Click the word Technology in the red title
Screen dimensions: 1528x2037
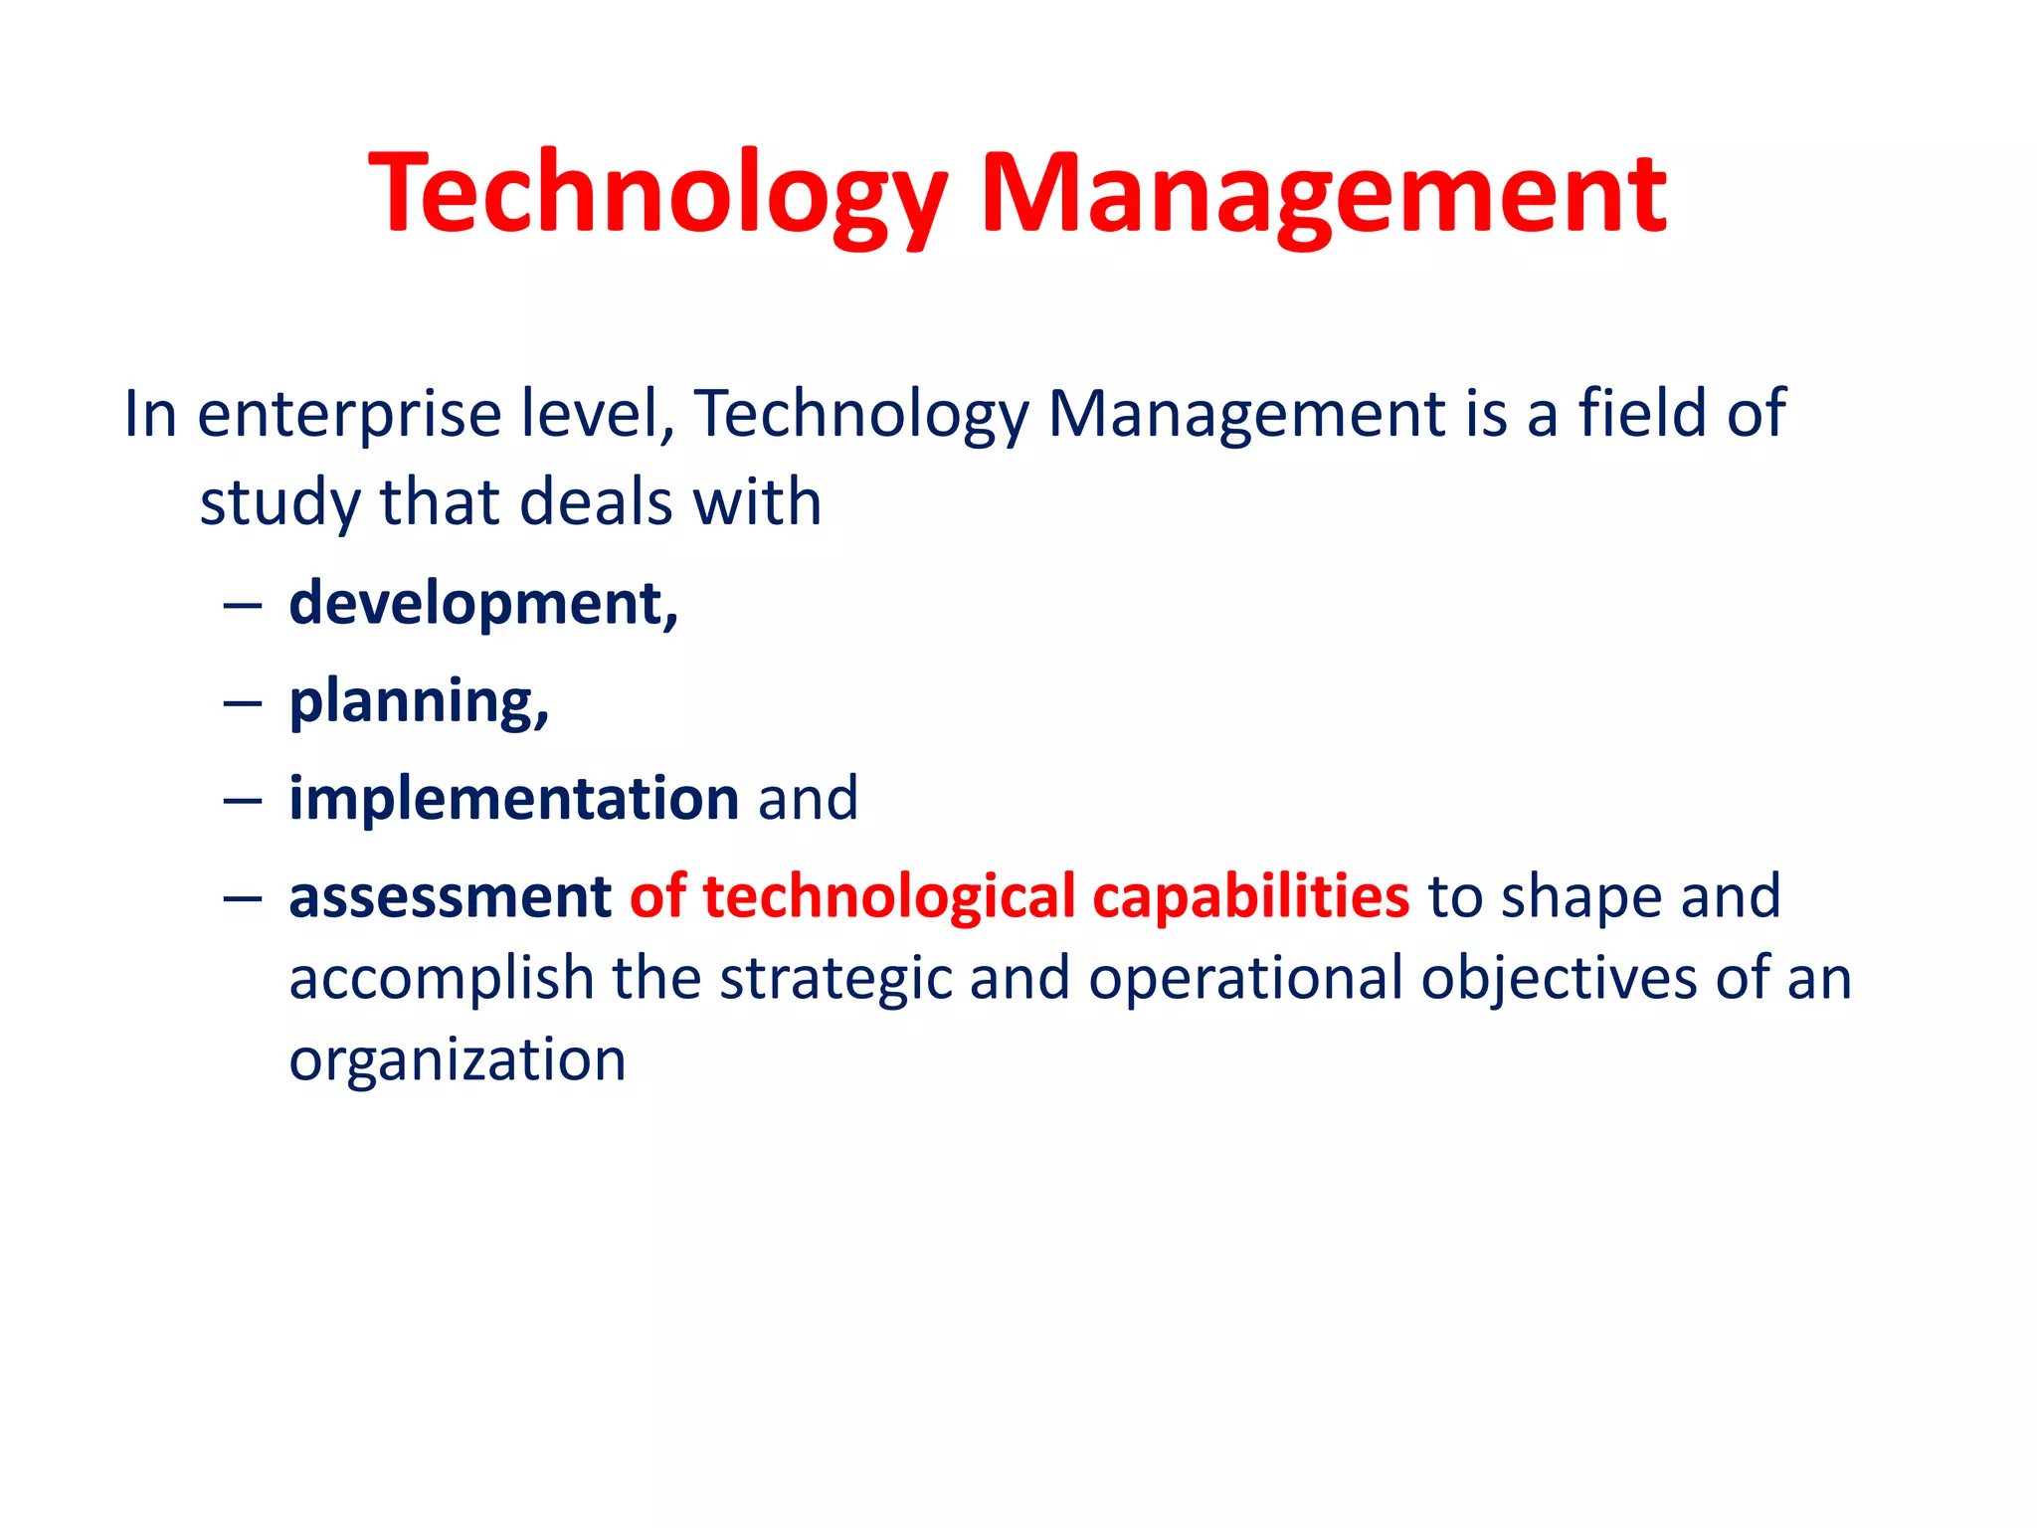(x=657, y=194)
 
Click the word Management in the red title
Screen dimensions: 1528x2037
(x=1322, y=194)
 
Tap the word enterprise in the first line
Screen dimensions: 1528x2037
(x=349, y=415)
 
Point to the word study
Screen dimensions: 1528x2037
(x=279, y=503)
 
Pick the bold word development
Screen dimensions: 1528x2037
(x=482, y=605)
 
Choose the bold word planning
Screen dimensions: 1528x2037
(x=418, y=702)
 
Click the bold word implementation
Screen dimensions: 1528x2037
(x=513, y=799)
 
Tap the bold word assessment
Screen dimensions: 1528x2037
(x=450, y=896)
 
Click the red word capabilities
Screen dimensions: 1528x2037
(x=1250, y=896)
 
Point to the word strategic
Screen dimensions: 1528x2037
(x=835, y=979)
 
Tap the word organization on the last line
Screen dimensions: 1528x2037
(x=458, y=1060)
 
